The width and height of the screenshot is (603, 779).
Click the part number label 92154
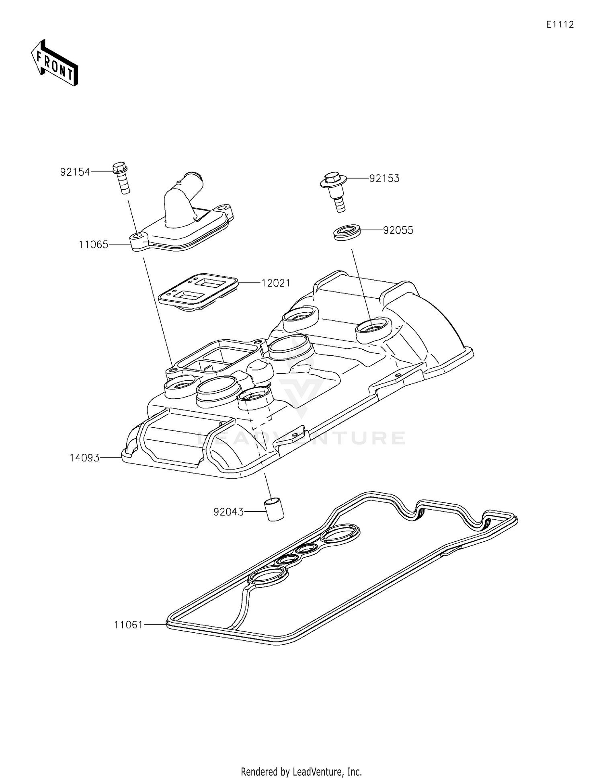pyautogui.click(x=75, y=172)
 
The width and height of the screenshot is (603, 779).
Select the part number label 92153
pyautogui.click(x=384, y=178)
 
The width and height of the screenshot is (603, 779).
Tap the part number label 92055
pyautogui.click(x=398, y=230)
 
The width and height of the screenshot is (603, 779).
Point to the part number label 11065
pyautogui.click(x=93, y=244)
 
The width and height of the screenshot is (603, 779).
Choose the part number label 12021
pyautogui.click(x=276, y=283)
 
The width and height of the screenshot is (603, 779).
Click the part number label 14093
pyautogui.click(x=84, y=458)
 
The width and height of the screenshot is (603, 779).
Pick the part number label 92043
pyautogui.click(x=228, y=512)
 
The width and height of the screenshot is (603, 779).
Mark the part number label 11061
pyautogui.click(x=128, y=625)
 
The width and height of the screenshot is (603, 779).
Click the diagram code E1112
pyautogui.click(x=560, y=25)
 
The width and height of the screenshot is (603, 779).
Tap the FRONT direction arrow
pyautogui.click(x=55, y=64)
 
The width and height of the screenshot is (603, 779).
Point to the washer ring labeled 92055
pyautogui.click(x=347, y=233)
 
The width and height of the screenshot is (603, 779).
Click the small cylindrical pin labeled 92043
pyautogui.click(x=273, y=509)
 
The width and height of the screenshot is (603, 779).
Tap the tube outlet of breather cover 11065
pyautogui.click(x=194, y=178)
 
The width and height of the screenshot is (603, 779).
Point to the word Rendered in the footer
pyautogui.click(x=259, y=772)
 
